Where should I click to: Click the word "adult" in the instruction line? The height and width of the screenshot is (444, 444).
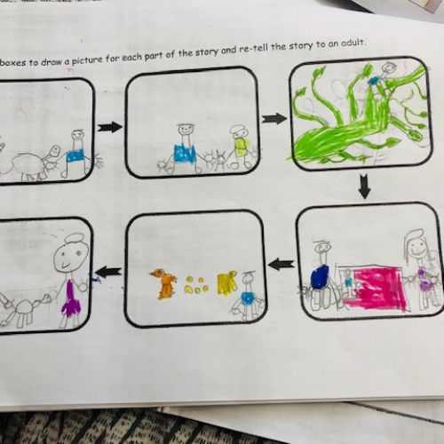353,44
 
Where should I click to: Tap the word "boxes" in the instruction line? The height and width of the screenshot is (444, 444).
15,62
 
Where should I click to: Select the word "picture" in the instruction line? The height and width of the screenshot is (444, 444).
88,59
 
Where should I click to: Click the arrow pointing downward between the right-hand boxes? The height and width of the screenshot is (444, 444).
364,186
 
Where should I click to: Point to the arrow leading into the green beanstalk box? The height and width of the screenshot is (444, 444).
274,119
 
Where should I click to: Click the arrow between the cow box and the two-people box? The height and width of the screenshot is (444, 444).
110,127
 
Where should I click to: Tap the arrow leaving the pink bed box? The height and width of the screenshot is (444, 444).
281,264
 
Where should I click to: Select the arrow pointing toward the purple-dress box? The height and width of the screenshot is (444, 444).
108,272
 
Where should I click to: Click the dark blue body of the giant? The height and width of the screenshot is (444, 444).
320,276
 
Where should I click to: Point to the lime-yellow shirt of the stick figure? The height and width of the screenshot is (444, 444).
242,147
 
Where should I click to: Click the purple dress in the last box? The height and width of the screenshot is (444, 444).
71,299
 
